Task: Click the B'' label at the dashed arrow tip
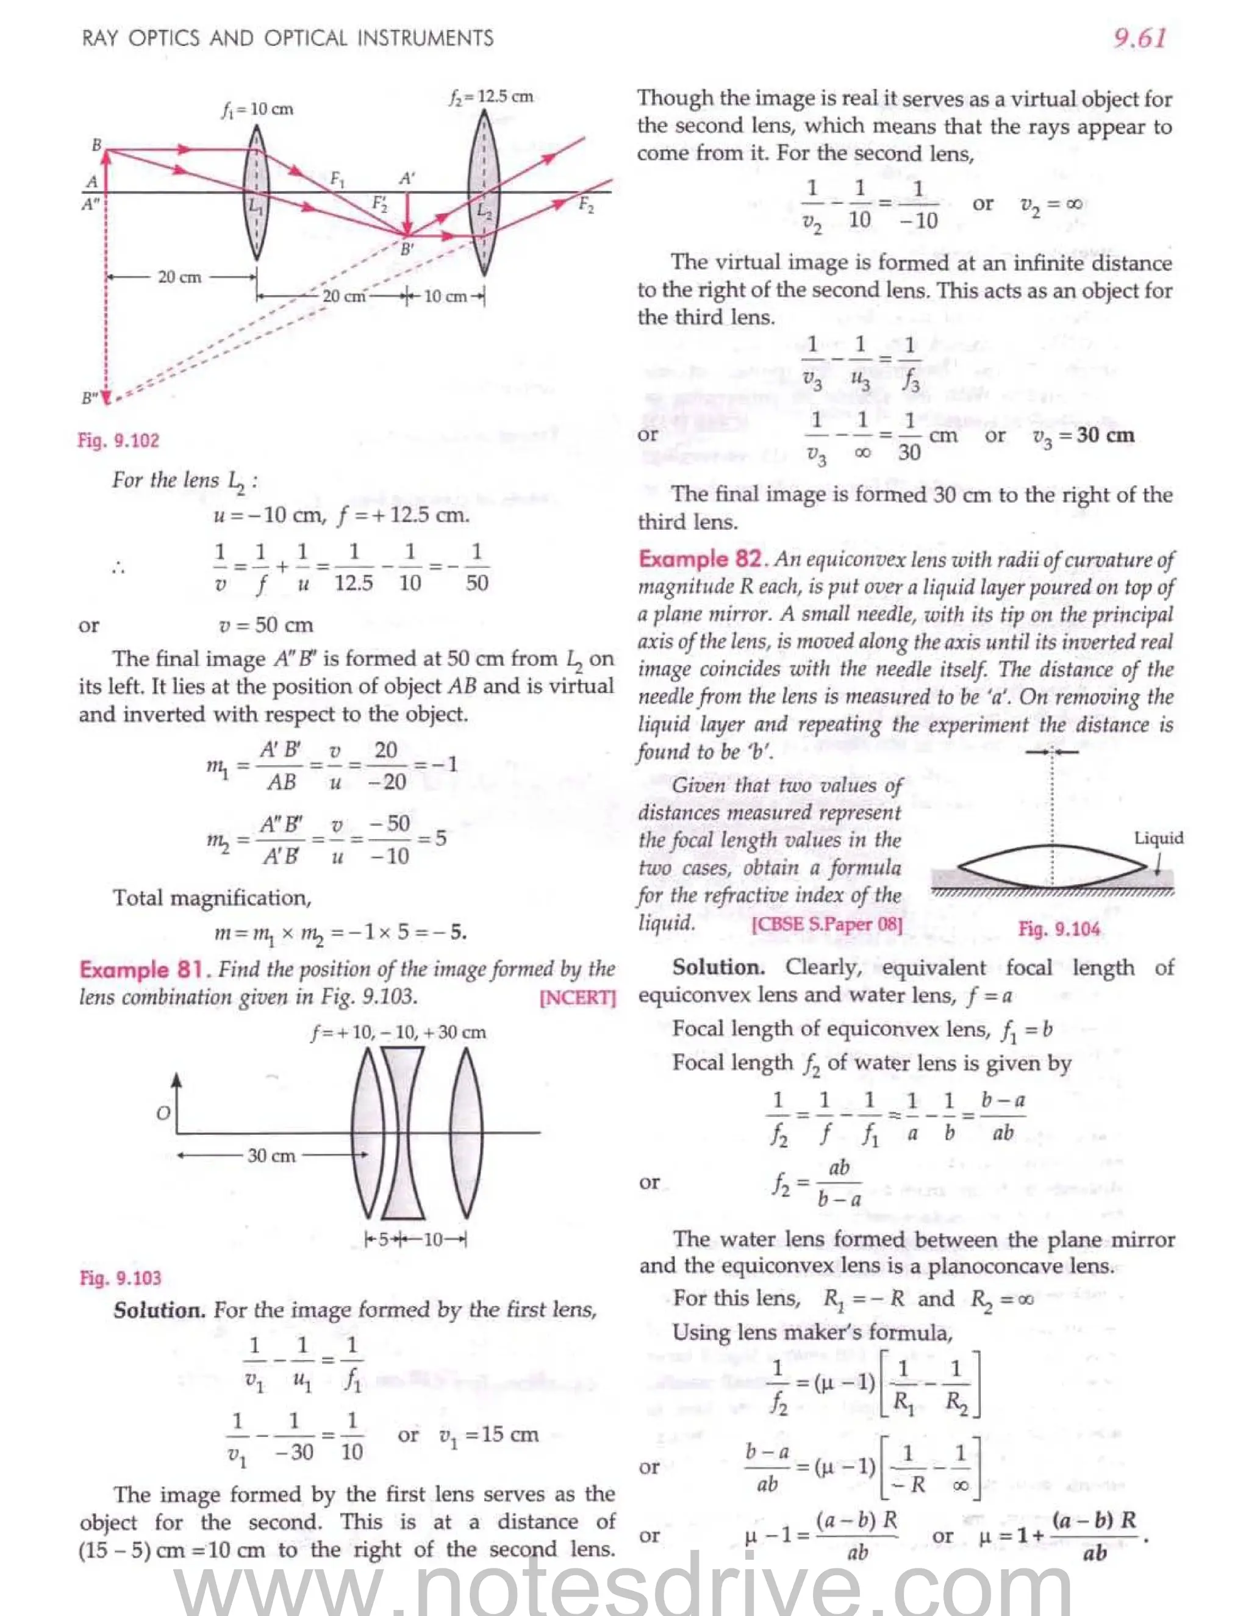(89, 398)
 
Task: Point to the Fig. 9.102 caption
(118, 440)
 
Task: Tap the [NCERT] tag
(578, 998)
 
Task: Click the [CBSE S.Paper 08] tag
(826, 924)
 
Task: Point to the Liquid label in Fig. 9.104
(1158, 838)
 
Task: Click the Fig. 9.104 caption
(1058, 929)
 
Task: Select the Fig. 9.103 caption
(120, 1278)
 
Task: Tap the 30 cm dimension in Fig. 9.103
(271, 1155)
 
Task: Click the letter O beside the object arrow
(163, 1113)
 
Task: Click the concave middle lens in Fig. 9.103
(403, 1132)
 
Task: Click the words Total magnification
(212, 898)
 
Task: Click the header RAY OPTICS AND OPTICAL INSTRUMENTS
(287, 38)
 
